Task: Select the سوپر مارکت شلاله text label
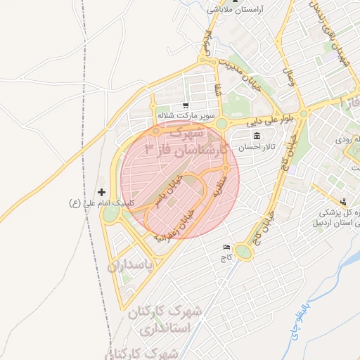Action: click(185, 115)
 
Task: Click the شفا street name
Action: click(217, 89)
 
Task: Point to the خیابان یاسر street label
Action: click(169, 188)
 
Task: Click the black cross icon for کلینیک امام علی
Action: click(102, 192)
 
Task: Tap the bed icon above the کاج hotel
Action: click(226, 247)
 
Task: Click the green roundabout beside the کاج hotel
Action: click(243, 251)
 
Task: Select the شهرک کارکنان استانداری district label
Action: click(166, 319)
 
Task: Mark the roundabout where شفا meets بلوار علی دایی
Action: click(221, 124)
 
